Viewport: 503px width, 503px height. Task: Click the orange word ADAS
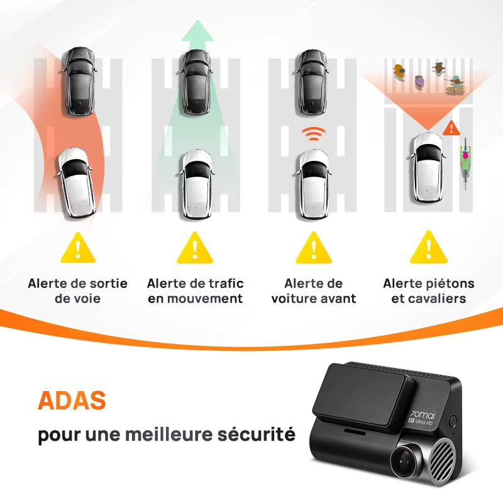(72, 400)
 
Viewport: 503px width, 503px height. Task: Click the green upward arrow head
(197, 31)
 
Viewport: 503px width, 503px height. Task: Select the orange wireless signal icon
(313, 133)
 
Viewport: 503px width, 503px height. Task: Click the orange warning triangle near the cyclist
(451, 128)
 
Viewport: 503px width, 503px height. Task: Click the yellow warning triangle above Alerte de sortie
(78, 248)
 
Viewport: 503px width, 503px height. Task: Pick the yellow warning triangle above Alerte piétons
(429, 247)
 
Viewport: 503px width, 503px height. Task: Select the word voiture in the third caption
(291, 298)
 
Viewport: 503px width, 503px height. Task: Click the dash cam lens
(404, 462)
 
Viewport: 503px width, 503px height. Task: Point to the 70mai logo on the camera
(423, 414)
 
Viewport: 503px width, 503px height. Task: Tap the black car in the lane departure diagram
(80, 81)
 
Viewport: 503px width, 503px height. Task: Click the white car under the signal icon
(313, 184)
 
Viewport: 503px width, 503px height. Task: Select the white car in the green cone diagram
(197, 184)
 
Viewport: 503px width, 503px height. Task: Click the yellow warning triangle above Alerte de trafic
(195, 248)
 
